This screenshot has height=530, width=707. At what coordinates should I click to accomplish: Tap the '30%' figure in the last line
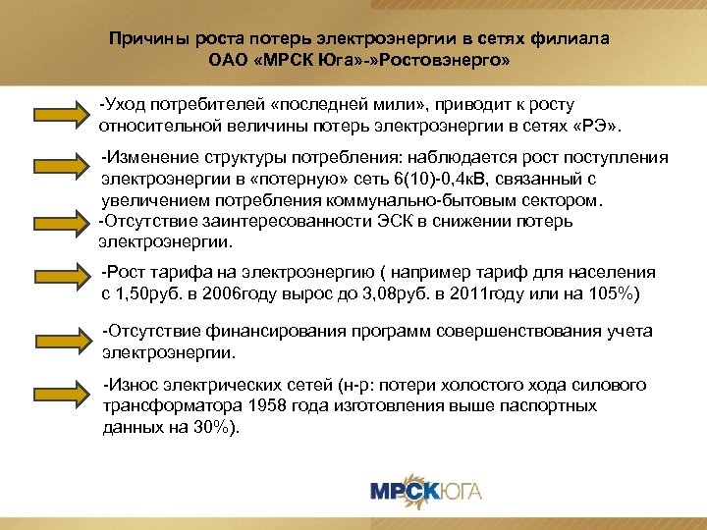pos(212,430)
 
